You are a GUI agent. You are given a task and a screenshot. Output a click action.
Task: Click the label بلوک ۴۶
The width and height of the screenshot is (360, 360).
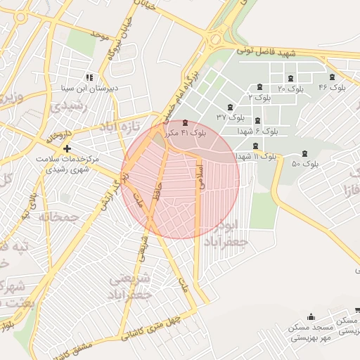pos(333,87)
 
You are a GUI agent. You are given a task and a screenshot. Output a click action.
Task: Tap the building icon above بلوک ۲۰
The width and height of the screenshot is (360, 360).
pos(291,78)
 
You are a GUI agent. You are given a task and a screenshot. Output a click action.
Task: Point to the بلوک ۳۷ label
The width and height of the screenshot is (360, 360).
pos(231,116)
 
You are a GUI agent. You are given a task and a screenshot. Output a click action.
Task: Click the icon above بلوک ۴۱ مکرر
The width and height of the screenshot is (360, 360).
pos(185,123)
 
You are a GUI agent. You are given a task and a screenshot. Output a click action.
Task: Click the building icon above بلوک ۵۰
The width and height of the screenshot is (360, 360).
pos(304,153)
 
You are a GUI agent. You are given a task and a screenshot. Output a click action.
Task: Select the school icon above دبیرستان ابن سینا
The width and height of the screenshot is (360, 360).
pos(89,77)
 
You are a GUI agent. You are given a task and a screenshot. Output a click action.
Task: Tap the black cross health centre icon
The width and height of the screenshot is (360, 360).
pos(67,148)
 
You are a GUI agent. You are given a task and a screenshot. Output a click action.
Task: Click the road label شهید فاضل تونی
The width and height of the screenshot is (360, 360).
pos(266,52)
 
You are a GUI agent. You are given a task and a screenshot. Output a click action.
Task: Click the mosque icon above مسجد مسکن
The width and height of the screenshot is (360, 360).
pos(311,317)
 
